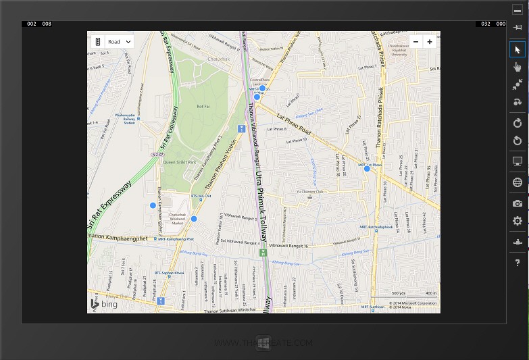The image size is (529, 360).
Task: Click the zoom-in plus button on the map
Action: [x=430, y=41]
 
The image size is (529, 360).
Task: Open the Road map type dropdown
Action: [x=119, y=42]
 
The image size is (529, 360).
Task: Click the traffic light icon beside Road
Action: [x=97, y=42]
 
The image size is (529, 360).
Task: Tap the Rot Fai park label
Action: [x=203, y=106]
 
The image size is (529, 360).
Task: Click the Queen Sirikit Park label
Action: [x=180, y=162]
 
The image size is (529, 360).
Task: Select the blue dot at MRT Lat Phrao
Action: [x=367, y=169]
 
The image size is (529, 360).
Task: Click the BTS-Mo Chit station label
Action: [x=201, y=197]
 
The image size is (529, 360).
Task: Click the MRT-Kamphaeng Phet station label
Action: [x=175, y=239]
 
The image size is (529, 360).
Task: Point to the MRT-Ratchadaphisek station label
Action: [x=376, y=227]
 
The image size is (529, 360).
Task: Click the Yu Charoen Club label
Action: [x=311, y=192]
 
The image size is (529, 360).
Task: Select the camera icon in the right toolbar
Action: [x=518, y=203]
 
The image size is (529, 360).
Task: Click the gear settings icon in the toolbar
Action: [x=518, y=221]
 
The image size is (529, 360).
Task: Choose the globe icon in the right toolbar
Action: [x=518, y=182]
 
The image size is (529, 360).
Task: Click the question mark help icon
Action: [x=518, y=262]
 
